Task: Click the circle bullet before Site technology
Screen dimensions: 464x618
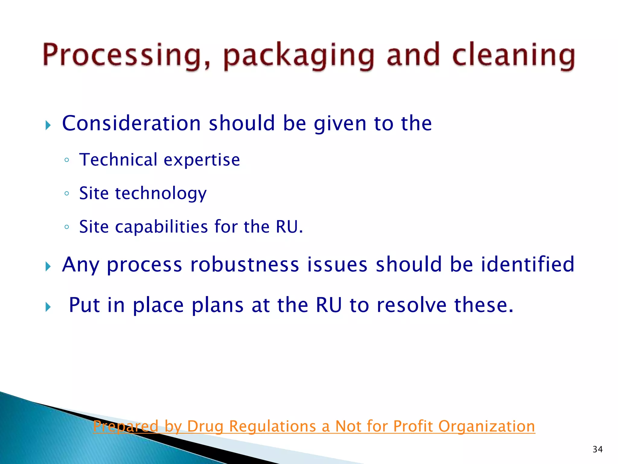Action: pyautogui.click(x=67, y=193)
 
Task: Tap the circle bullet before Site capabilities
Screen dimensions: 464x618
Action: pyautogui.click(x=67, y=227)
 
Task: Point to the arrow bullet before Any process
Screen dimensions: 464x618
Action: pyautogui.click(x=48, y=266)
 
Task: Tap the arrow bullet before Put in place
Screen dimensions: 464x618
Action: pyautogui.click(x=48, y=307)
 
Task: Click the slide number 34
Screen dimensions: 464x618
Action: pyautogui.click(x=597, y=449)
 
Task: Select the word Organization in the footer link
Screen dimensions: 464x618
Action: pyautogui.click(x=486, y=426)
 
